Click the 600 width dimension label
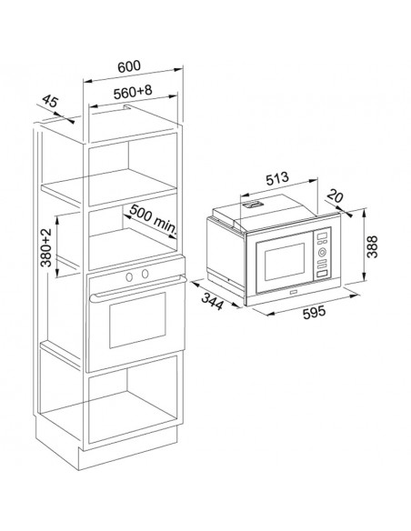tap(128, 66)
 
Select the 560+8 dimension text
tap(133, 92)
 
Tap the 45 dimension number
tap(50, 101)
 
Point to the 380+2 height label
tap(46, 247)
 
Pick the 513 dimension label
tap(277, 178)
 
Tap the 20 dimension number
tap(336, 196)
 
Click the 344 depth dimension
tap(213, 301)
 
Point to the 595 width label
tap(314, 312)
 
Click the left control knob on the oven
tap(129, 276)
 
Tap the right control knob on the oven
tap(145, 274)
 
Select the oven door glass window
tap(137, 320)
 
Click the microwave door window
tap(285, 262)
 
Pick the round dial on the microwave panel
tap(321, 252)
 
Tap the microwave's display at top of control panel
tap(323, 235)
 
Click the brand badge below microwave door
tap(293, 291)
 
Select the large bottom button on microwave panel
tap(322, 275)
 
